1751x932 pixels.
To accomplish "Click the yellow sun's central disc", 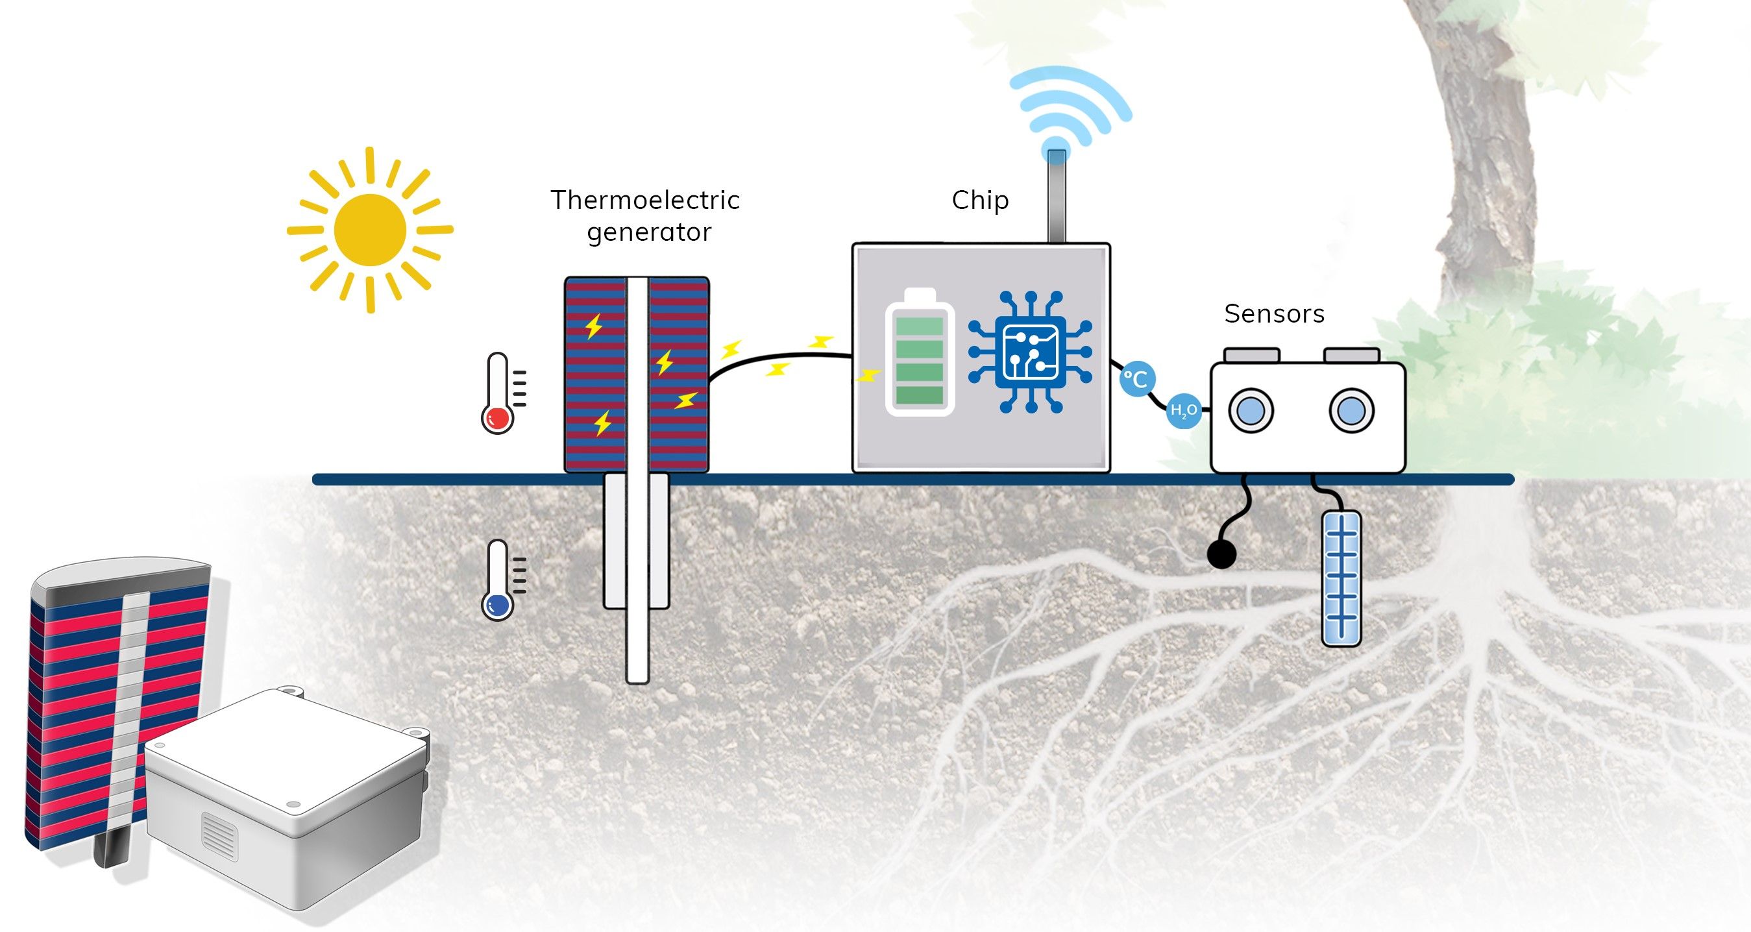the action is [x=370, y=230].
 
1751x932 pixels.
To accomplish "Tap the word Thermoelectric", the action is [x=645, y=200].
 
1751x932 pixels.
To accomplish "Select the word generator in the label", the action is [x=648, y=232].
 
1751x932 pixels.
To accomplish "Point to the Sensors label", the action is [x=1275, y=313].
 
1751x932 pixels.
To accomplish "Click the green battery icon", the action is [x=920, y=352].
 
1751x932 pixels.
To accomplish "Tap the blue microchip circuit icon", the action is [x=1031, y=352].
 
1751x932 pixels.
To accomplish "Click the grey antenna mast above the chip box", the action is [x=1057, y=196].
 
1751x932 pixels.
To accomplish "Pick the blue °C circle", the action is [x=1137, y=378].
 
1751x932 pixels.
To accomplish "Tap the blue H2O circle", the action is [x=1183, y=411].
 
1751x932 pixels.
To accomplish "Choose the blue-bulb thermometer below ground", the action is [x=499, y=580].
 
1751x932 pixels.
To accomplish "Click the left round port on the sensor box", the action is [x=1251, y=411].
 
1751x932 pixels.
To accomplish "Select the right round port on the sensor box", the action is [x=1351, y=411].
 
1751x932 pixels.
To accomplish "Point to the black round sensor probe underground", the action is [x=1221, y=555].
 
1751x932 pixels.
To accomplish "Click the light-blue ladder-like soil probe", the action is [x=1341, y=578].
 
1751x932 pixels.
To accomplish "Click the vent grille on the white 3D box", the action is [x=220, y=835].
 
